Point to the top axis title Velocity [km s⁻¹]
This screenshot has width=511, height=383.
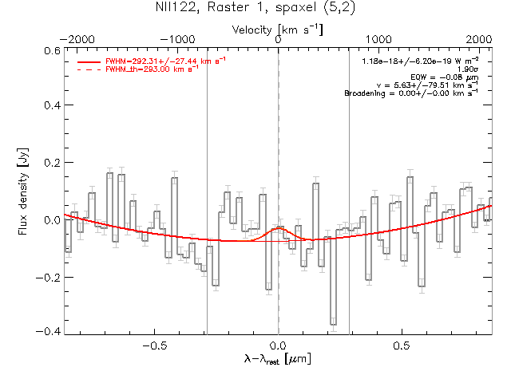click(x=278, y=29)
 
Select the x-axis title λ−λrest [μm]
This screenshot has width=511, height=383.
click(x=278, y=361)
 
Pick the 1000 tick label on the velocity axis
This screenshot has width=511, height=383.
click(x=378, y=39)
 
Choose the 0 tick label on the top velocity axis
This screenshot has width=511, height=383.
click(x=278, y=39)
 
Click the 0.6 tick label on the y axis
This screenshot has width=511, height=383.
click(x=52, y=49)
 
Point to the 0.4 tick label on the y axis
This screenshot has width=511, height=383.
click(x=52, y=105)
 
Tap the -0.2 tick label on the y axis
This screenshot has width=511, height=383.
click(x=50, y=277)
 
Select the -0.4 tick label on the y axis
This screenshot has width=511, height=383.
click(x=50, y=332)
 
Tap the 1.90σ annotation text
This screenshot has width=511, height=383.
click(x=466, y=69)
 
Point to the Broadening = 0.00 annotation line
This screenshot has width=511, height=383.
click(x=410, y=93)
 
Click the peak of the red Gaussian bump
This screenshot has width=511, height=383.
click(x=278, y=227)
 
